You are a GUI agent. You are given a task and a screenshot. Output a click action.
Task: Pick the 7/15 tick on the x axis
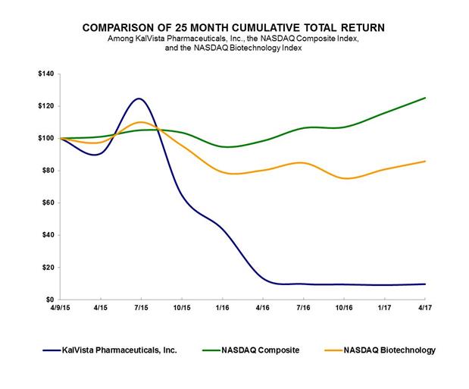[141, 309]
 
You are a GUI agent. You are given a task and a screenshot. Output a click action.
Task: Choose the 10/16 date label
[343, 309]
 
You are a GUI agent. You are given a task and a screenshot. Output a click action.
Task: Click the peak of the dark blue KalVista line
[139, 99]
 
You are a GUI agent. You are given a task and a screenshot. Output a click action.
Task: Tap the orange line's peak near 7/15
[142, 121]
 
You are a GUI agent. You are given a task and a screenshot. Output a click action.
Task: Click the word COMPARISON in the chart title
[125, 27]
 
